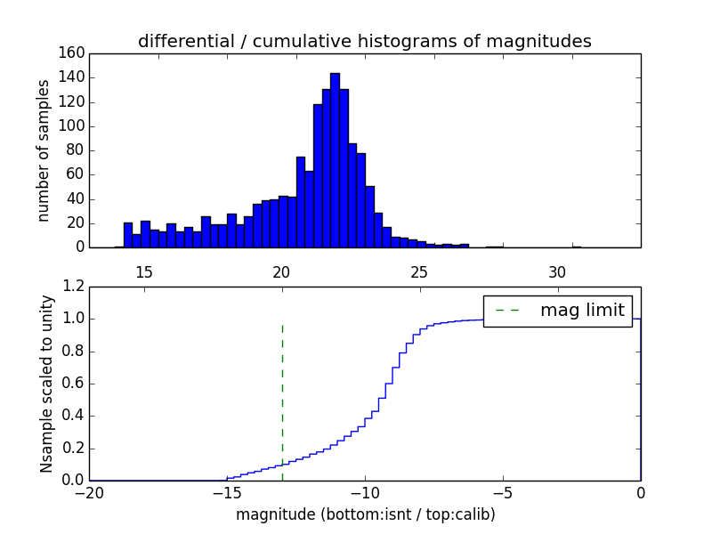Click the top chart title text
(364, 41)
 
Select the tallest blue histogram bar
(335, 160)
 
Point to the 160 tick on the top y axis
(73, 53)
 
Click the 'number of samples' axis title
(44, 150)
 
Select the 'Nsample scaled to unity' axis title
(46, 384)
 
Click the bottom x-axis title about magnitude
(365, 514)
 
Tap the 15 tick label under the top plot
(144, 271)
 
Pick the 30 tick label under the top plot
(557, 271)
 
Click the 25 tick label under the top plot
(419, 271)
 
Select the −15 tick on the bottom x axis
(227, 492)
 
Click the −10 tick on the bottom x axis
(365, 492)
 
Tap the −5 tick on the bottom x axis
(503, 492)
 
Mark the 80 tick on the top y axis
(77, 150)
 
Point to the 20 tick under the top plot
(281, 271)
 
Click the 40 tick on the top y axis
(77, 198)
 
